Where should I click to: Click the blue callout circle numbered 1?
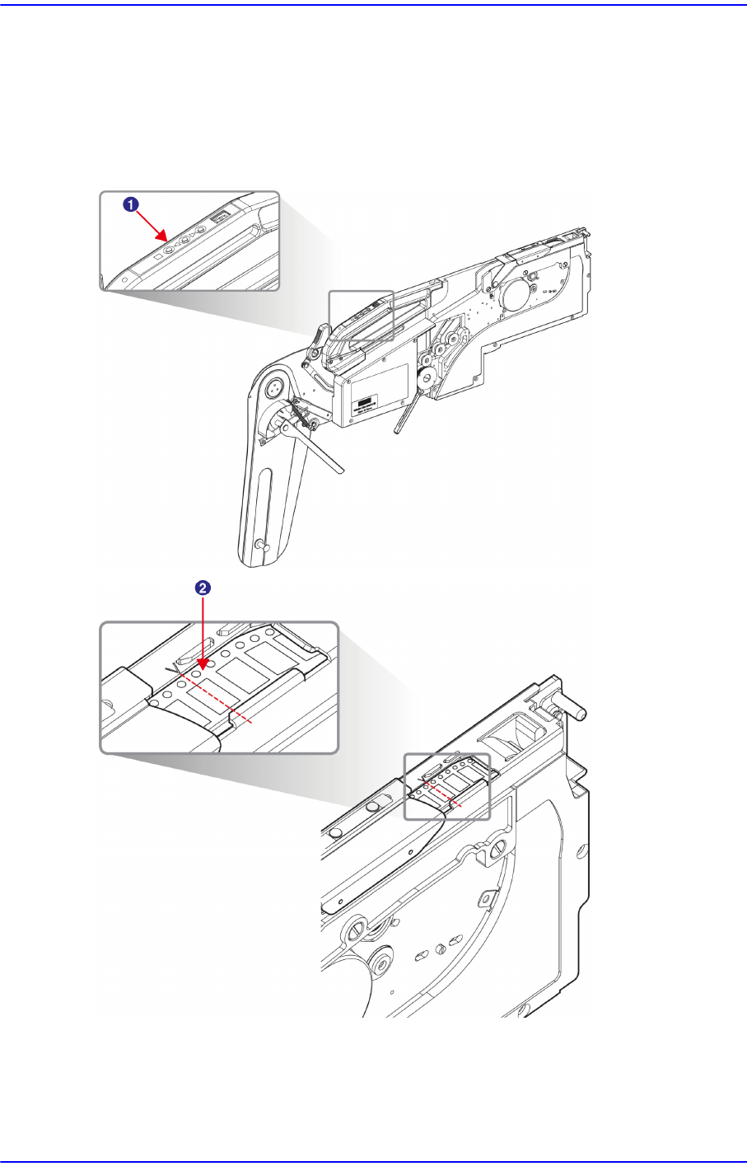tap(131, 204)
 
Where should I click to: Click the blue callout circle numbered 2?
tap(203, 588)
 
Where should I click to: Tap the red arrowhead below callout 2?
tap(203, 663)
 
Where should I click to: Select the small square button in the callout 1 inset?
tap(158, 256)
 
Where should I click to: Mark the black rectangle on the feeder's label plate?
tap(366, 402)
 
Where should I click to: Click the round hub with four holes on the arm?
tap(275, 388)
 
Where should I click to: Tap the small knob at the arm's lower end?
tap(262, 546)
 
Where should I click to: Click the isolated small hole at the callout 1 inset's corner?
tap(124, 279)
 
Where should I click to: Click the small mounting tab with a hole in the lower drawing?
tap(487, 900)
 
